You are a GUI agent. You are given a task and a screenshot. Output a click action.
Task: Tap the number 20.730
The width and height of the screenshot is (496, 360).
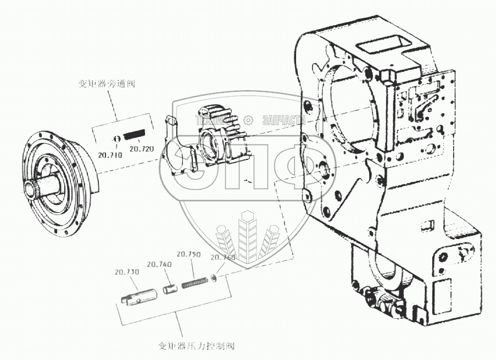[x=126, y=272]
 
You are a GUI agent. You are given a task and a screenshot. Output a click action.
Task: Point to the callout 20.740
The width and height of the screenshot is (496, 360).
[x=159, y=264]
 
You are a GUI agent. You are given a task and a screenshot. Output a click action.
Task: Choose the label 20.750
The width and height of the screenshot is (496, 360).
[x=188, y=254]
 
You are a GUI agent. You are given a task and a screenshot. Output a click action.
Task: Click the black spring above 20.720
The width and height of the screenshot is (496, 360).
[x=135, y=134]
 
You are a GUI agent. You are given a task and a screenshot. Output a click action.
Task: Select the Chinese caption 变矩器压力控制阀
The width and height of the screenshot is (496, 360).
[x=196, y=346]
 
